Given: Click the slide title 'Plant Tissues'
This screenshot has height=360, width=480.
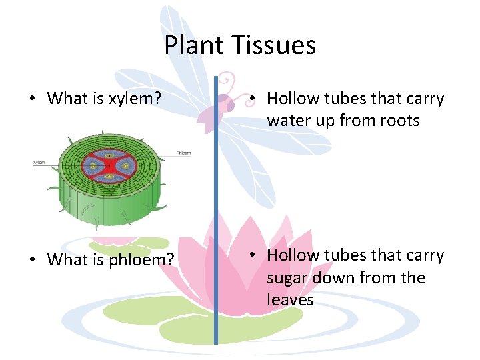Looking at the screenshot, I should click(x=240, y=45).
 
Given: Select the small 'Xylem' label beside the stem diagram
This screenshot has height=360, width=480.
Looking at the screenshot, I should click(x=41, y=162).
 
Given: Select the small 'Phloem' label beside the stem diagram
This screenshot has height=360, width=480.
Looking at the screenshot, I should click(x=183, y=153).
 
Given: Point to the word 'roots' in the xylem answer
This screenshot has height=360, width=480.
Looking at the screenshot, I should click(x=397, y=121).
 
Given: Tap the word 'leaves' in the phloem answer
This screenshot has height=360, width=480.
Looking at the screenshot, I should click(x=290, y=300).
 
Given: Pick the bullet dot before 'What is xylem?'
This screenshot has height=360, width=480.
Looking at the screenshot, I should click(x=32, y=99).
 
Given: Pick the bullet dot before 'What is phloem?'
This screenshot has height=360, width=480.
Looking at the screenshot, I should click(x=32, y=260).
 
